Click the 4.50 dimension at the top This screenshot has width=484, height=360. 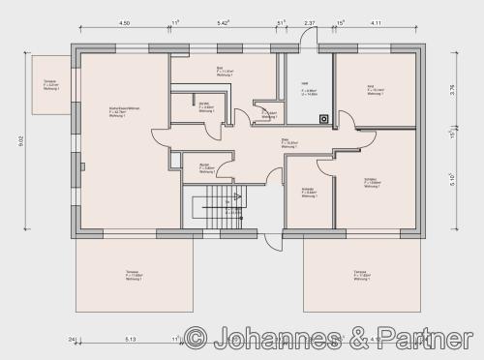tap(125, 22)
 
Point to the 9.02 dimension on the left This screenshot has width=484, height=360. tap(21, 142)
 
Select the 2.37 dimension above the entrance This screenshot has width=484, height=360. tap(309, 22)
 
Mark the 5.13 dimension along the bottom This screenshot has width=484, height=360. tap(131, 339)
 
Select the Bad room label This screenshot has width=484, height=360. tap(220, 72)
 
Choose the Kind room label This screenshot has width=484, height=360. tap(370, 88)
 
